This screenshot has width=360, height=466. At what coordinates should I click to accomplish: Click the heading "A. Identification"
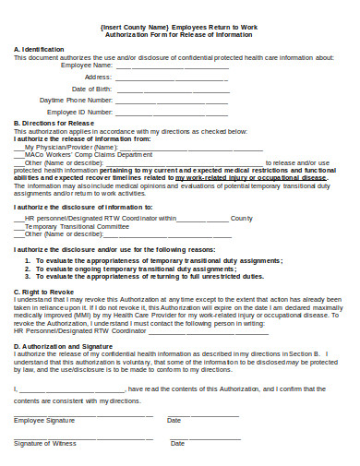(x=39, y=49)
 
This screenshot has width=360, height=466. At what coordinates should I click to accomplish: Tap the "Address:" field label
(x=98, y=78)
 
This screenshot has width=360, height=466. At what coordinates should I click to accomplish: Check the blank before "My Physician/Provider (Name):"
(x=18, y=147)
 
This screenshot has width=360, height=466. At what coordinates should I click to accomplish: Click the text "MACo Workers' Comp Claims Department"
(x=88, y=154)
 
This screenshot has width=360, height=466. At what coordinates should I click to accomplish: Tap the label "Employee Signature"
(x=44, y=420)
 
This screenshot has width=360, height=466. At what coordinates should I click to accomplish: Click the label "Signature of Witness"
(x=45, y=443)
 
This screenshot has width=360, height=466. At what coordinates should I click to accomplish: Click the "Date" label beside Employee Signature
(x=174, y=420)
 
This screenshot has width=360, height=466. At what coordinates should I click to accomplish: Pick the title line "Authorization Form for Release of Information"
(x=179, y=36)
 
